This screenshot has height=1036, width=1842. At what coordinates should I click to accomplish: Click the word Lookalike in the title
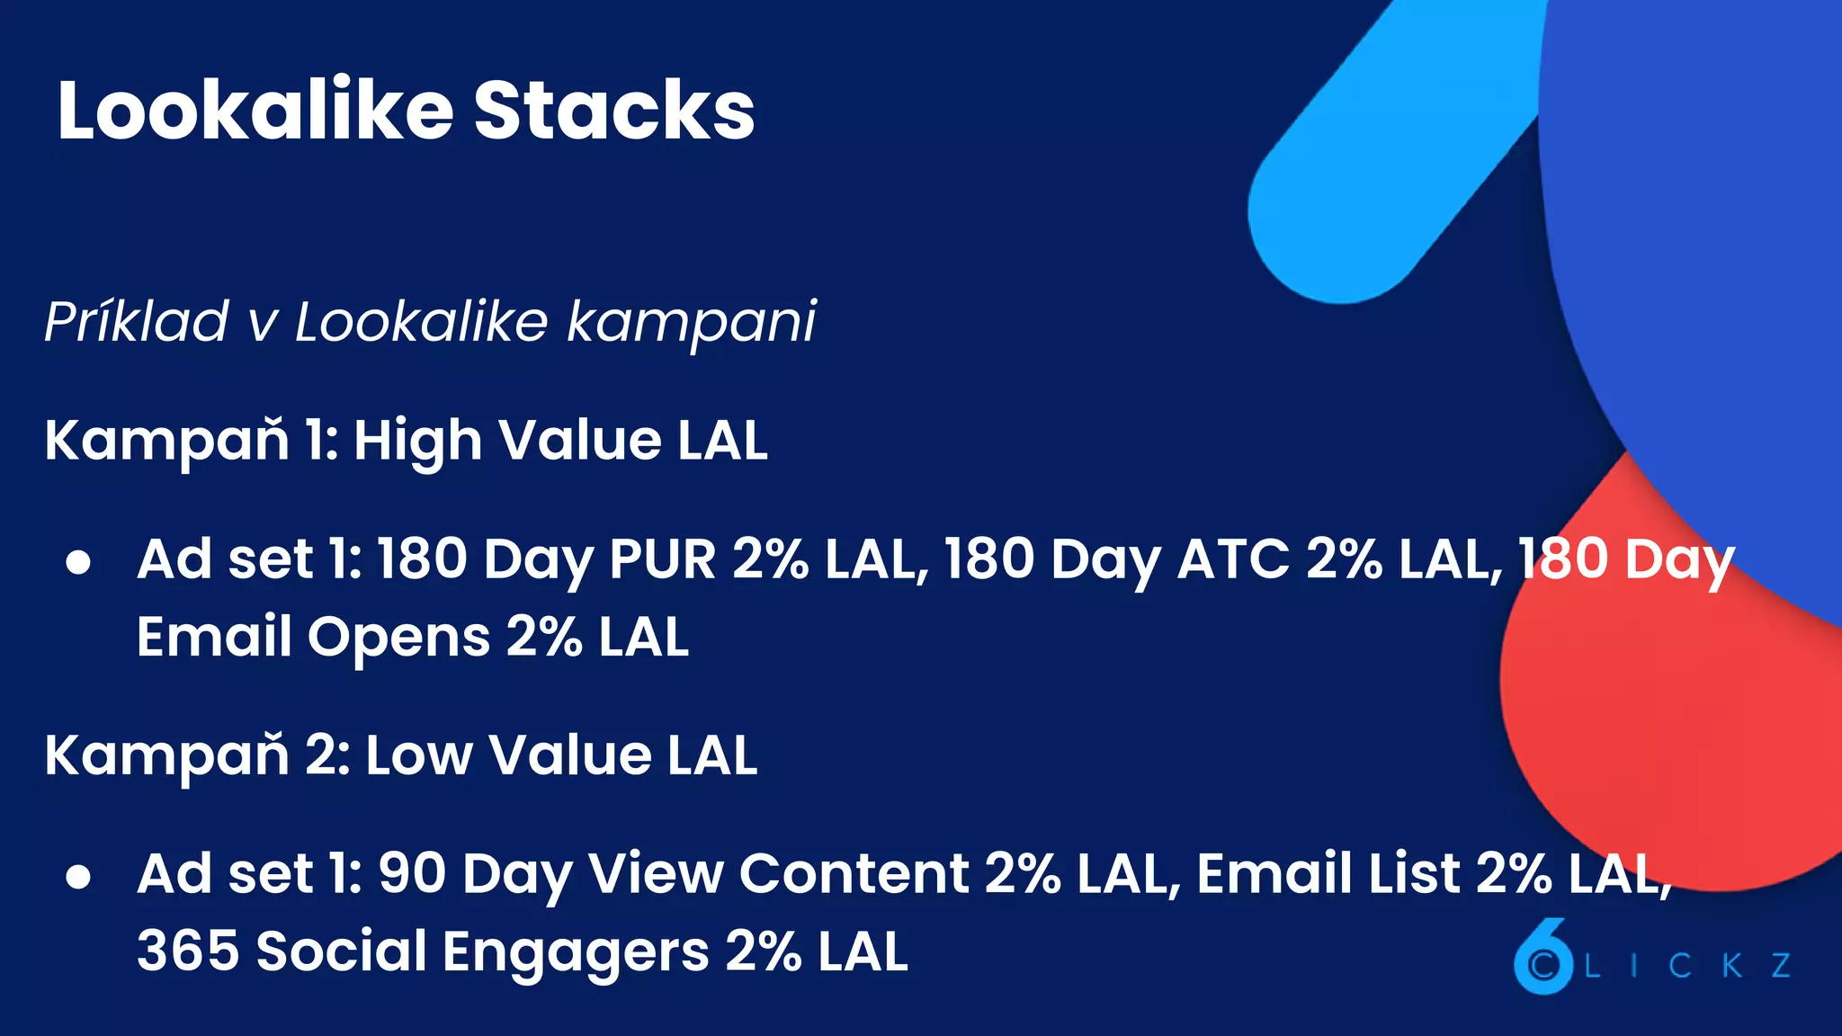[255, 111]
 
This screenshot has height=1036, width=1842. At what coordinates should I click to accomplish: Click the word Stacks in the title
[614, 111]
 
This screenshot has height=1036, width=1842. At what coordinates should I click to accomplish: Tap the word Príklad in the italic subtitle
[137, 322]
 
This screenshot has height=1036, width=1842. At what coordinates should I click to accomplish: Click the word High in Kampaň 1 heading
[417, 441]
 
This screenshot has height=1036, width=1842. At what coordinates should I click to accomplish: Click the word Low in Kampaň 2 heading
[418, 755]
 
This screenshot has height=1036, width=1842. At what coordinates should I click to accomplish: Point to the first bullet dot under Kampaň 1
[78, 562]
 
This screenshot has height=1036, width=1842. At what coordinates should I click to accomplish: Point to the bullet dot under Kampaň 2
[78, 877]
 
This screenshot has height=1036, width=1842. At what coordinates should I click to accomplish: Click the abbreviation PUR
[662, 559]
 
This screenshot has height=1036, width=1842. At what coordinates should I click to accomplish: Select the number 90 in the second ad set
[412, 874]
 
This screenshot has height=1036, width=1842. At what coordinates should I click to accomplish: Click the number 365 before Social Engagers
[188, 951]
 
